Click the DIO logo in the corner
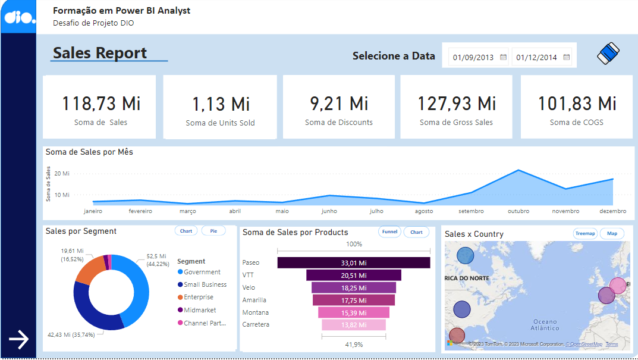tap(17, 17)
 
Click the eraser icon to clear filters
tap(608, 54)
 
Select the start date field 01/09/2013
tap(473, 58)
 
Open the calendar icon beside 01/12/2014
tap(567, 57)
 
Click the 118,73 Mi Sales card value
tap(101, 104)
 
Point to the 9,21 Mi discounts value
tap(339, 104)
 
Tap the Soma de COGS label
tap(576, 123)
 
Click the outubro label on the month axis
tap(518, 211)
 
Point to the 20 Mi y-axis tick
tap(62, 174)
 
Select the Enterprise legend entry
tap(198, 297)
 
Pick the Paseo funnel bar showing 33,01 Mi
tap(353, 262)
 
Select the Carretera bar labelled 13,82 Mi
tap(353, 325)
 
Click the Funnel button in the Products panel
tap(389, 232)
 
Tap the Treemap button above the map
tap(585, 234)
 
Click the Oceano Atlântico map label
tap(545, 324)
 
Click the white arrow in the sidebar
tap(18, 340)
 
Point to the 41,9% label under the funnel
tap(354, 345)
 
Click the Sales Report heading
tap(100, 53)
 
